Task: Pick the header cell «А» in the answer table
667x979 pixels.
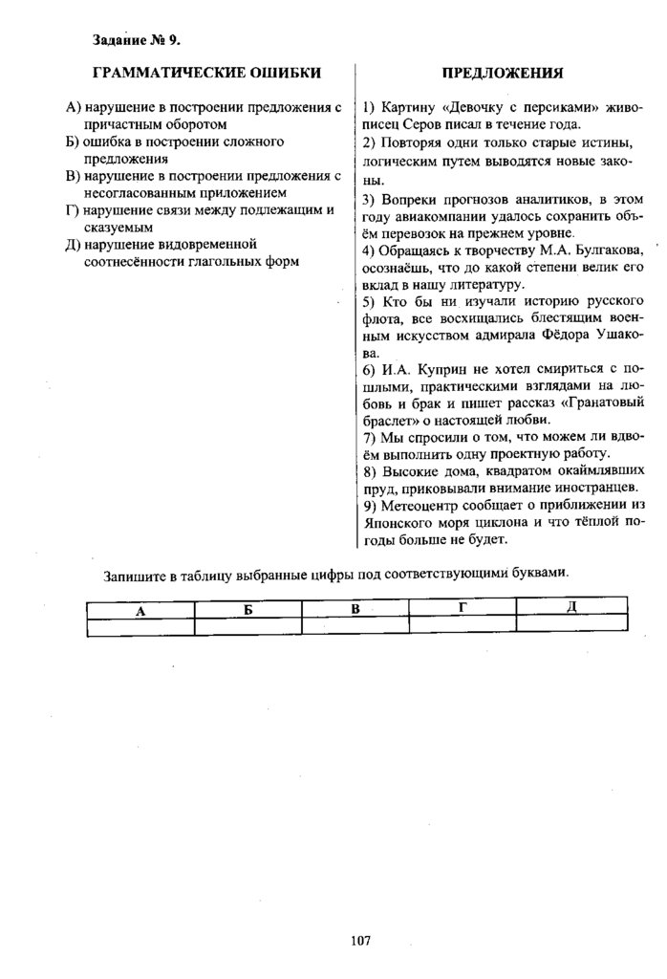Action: click(x=140, y=609)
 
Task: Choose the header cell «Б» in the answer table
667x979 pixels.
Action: click(x=247, y=609)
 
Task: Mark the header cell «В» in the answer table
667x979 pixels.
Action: click(x=355, y=609)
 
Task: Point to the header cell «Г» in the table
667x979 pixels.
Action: click(x=462, y=607)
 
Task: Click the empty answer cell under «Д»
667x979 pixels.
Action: click(x=571, y=625)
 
